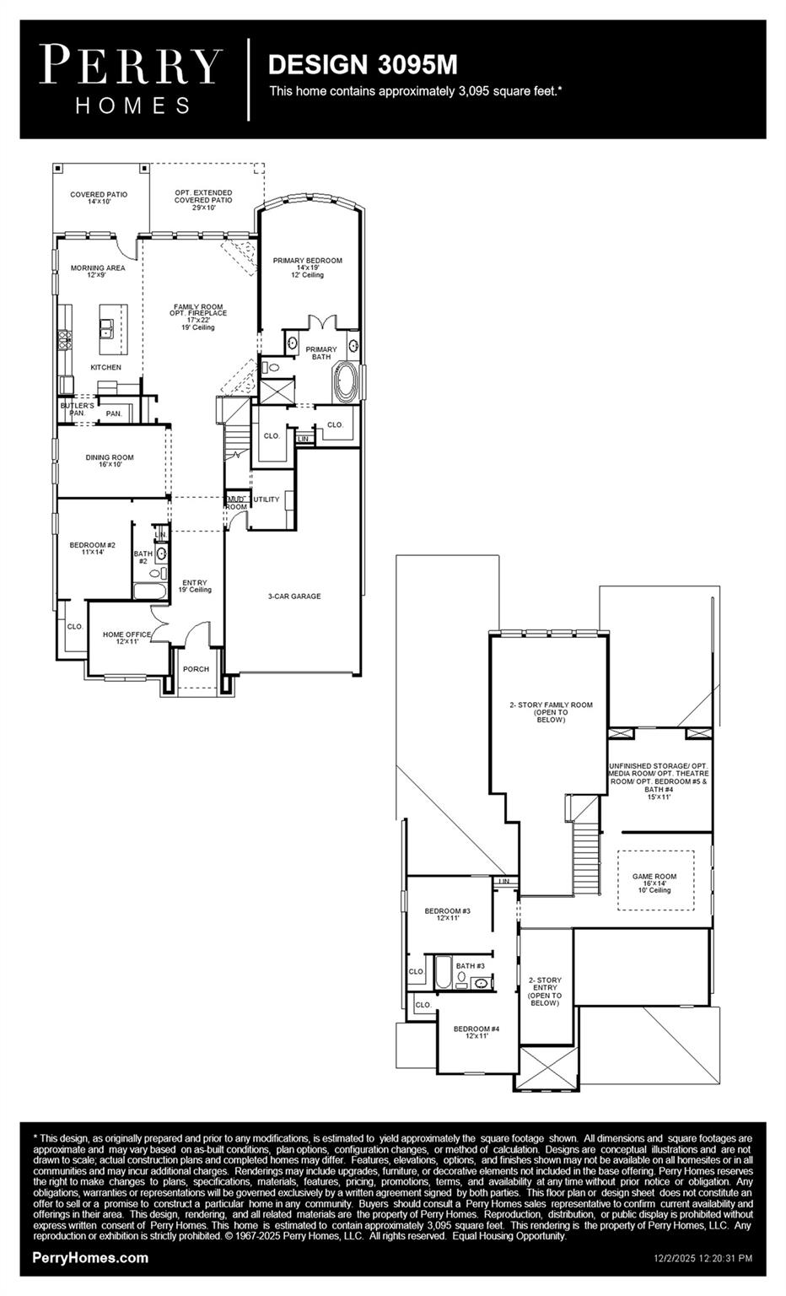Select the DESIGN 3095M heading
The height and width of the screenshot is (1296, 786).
(363, 64)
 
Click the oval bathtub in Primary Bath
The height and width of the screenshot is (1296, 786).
(347, 382)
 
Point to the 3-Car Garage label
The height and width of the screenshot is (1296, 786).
(294, 597)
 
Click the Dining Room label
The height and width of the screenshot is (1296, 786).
(110, 461)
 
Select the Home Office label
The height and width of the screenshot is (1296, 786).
(127, 638)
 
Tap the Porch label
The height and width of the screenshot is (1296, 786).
(196, 669)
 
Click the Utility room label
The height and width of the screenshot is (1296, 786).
(266, 499)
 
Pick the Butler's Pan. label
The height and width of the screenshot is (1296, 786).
(77, 409)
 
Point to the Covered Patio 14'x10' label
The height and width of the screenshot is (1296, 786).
(99, 198)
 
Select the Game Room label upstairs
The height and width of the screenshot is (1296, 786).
(654, 883)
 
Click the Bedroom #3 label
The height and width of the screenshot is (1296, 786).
(447, 914)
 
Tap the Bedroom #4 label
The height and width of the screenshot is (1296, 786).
(476, 1032)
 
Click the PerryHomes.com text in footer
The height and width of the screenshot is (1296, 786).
(90, 1258)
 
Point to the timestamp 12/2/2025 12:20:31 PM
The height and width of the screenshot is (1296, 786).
(703, 1258)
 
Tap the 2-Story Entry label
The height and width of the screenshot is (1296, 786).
(545, 991)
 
